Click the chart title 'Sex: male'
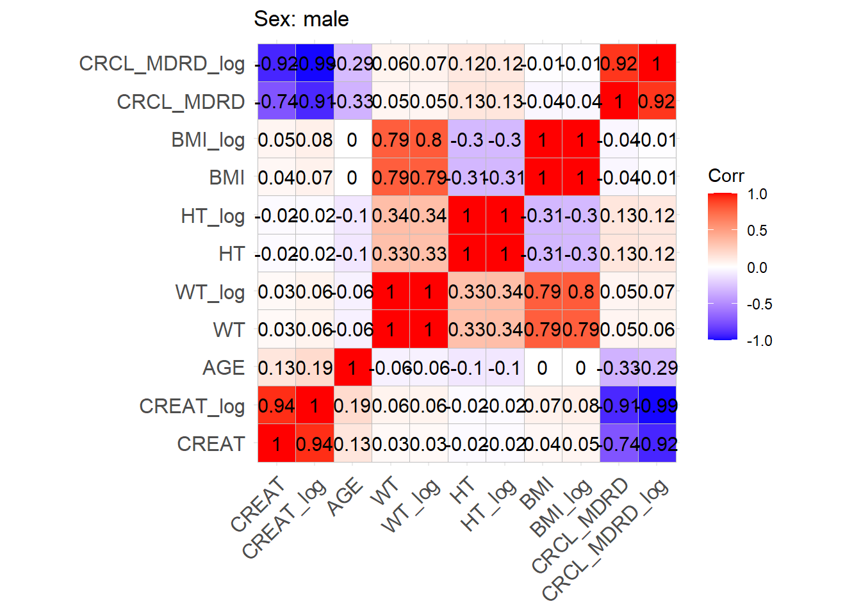(x=301, y=19)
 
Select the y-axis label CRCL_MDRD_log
(x=161, y=63)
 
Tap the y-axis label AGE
(x=224, y=368)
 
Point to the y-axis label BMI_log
(x=208, y=140)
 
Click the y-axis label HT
(x=231, y=254)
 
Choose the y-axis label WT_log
(x=210, y=292)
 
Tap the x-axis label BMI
(x=537, y=495)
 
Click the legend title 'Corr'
(x=726, y=176)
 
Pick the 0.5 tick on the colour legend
(x=757, y=231)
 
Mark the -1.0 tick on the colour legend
(x=759, y=341)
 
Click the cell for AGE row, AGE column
(x=352, y=368)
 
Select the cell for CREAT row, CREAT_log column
(x=315, y=444)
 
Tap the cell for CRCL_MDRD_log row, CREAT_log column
(x=315, y=63)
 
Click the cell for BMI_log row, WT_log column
(x=429, y=140)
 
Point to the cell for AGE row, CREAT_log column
(x=315, y=368)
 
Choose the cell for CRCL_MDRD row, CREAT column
(x=277, y=101)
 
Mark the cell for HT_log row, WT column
(x=391, y=216)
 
